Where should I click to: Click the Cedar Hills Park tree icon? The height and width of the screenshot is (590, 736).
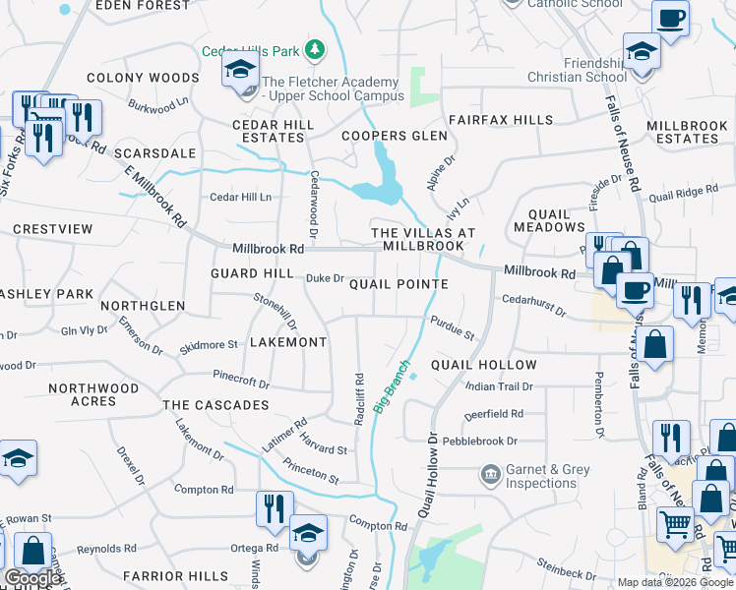(x=315, y=49)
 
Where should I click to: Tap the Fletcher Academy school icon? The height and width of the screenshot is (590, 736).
(x=239, y=72)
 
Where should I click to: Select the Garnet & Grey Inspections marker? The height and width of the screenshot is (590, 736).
(x=489, y=476)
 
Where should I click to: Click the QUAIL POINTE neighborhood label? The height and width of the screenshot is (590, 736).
(x=399, y=284)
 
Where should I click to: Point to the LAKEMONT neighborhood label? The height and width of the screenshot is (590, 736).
(x=287, y=342)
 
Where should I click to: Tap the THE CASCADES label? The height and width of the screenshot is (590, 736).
(x=215, y=405)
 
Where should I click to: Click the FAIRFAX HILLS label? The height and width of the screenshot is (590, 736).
(x=501, y=120)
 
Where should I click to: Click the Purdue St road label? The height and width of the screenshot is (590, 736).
(x=452, y=328)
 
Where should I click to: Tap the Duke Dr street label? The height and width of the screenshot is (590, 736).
(x=325, y=278)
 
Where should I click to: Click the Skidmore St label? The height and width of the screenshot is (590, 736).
(x=209, y=345)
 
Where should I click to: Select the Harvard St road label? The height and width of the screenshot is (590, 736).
(x=324, y=442)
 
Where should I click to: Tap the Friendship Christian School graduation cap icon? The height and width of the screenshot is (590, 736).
(x=642, y=51)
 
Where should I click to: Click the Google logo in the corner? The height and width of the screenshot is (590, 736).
(x=32, y=578)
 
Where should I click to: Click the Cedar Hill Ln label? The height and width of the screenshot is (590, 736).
(x=240, y=197)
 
